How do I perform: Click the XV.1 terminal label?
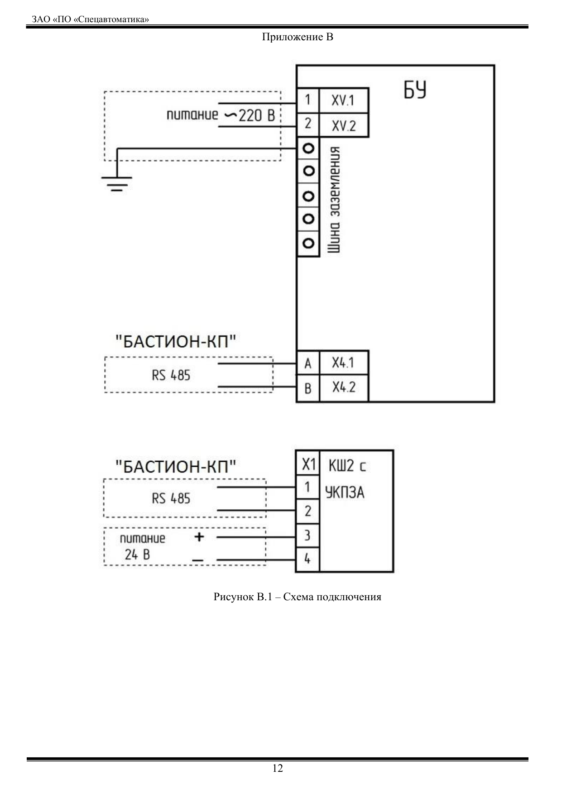(x=343, y=100)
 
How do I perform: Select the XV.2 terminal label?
(x=344, y=125)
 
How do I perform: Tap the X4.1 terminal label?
(x=343, y=363)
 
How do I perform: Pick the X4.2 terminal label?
(x=344, y=387)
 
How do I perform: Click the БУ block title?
(x=415, y=90)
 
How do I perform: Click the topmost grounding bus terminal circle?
(x=308, y=148)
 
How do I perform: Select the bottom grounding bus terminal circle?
(x=308, y=243)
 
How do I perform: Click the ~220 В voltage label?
(x=250, y=116)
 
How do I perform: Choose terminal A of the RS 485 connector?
(x=308, y=364)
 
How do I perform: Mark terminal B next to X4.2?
(x=308, y=388)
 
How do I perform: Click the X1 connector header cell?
(x=308, y=464)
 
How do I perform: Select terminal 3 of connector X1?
(x=307, y=535)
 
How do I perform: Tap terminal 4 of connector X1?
(x=307, y=559)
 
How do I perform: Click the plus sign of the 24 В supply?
(x=199, y=537)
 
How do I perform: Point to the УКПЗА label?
(x=345, y=492)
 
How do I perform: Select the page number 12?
(x=278, y=768)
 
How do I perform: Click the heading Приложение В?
(x=298, y=37)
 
